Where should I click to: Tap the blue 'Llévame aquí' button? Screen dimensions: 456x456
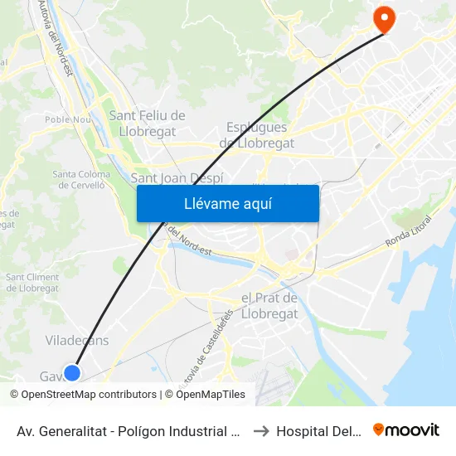(x=227, y=203)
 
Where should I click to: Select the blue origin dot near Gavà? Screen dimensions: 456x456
(x=72, y=373)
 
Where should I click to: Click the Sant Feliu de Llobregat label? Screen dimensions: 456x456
(x=147, y=123)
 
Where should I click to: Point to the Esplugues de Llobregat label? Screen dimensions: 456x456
(x=256, y=135)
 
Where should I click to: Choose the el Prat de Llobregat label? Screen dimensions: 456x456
(x=269, y=306)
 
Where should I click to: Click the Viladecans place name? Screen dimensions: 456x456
(x=76, y=341)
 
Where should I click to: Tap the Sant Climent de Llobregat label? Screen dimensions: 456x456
(x=32, y=283)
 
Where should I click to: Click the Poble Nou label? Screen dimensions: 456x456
(x=68, y=119)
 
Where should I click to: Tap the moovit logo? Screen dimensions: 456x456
(x=405, y=430)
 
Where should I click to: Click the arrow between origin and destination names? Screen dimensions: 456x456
(x=260, y=431)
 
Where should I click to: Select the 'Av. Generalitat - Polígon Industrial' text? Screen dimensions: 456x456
(x=129, y=431)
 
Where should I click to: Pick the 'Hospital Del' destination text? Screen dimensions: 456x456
(x=318, y=431)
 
